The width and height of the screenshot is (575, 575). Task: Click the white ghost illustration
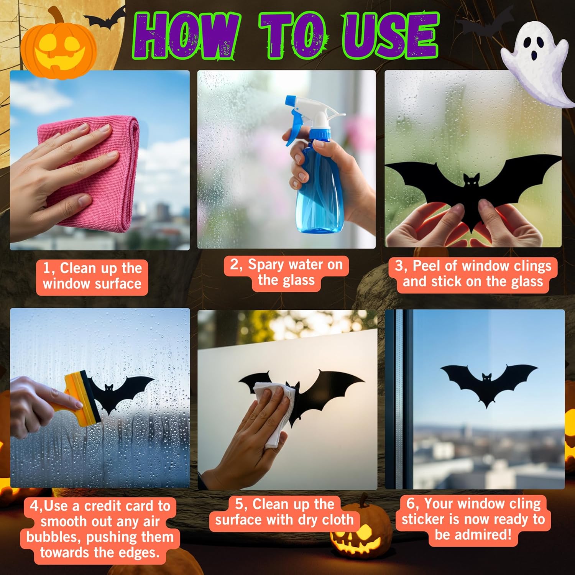[537, 61]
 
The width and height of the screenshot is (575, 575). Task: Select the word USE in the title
[390, 36]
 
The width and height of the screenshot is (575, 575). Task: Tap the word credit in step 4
[106, 506]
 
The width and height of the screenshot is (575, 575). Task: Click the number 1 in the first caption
[46, 268]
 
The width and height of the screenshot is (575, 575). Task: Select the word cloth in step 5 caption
[337, 519]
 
